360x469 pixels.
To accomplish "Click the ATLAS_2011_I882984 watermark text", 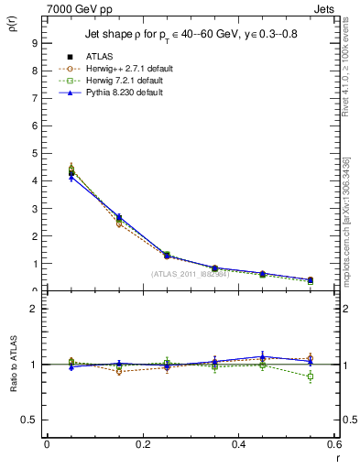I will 189,273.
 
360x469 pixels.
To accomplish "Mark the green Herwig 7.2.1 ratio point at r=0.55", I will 311,376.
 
